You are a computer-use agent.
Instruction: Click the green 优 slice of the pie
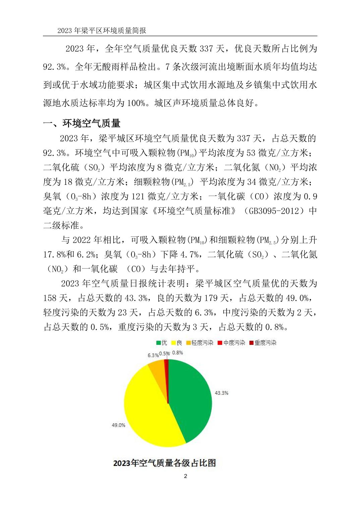pyautogui.click(x=191, y=398)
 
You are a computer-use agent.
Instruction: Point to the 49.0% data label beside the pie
pyautogui.click(x=118, y=425)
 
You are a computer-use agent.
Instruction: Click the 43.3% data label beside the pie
pyautogui.click(x=221, y=393)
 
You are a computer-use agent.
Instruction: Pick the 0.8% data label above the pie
pyautogui.click(x=178, y=352)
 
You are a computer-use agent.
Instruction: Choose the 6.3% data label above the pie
pyautogui.click(x=153, y=355)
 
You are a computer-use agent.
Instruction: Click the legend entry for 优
pyautogui.click(x=162, y=343)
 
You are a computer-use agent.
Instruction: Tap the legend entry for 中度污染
pyautogui.click(x=231, y=343)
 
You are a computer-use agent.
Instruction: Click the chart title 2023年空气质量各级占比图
pyautogui.click(x=165, y=463)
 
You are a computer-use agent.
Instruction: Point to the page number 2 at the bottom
pyautogui.click(x=186, y=476)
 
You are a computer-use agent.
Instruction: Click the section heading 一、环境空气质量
pyautogui.click(x=82, y=123)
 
